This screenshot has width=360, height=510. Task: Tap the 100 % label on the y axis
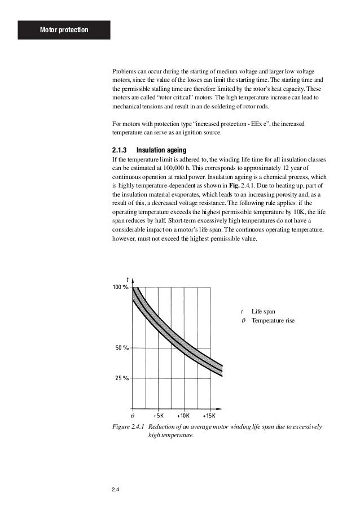pyautogui.click(x=120, y=287)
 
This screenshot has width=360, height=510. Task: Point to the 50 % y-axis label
pyautogui.click(x=121, y=348)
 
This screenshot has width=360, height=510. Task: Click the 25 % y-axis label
pyautogui.click(x=121, y=378)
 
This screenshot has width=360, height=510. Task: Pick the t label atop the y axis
pyautogui.click(x=128, y=279)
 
